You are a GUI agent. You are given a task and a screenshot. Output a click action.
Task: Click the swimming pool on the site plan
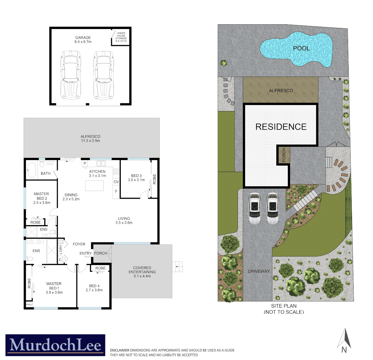pyautogui.click(x=297, y=49)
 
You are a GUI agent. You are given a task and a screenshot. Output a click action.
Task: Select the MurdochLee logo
pyautogui.click(x=55, y=345)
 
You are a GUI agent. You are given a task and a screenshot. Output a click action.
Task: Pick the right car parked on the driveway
pyautogui.click(x=273, y=209)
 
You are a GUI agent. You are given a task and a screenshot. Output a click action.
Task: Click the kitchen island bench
pyautogui.click(x=94, y=185)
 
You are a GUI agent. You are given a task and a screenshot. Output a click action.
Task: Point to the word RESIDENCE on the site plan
pyautogui.click(x=281, y=127)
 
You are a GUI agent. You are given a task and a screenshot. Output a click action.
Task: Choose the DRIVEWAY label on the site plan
pyautogui.click(x=259, y=271)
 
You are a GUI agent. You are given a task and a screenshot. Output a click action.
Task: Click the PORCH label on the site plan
pyautogui.click(x=284, y=155)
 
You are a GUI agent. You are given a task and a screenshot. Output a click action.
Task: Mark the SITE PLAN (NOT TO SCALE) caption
pyautogui.click(x=284, y=309)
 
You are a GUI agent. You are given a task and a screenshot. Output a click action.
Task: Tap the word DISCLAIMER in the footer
pyautogui.click(x=119, y=350)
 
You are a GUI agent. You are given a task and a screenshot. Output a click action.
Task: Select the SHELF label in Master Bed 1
pyautogui.click(x=29, y=304)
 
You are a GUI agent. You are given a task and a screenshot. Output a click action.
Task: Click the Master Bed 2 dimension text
pyautogui.click(x=41, y=202)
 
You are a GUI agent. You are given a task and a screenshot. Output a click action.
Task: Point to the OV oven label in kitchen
pyautogui.click(x=116, y=182)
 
